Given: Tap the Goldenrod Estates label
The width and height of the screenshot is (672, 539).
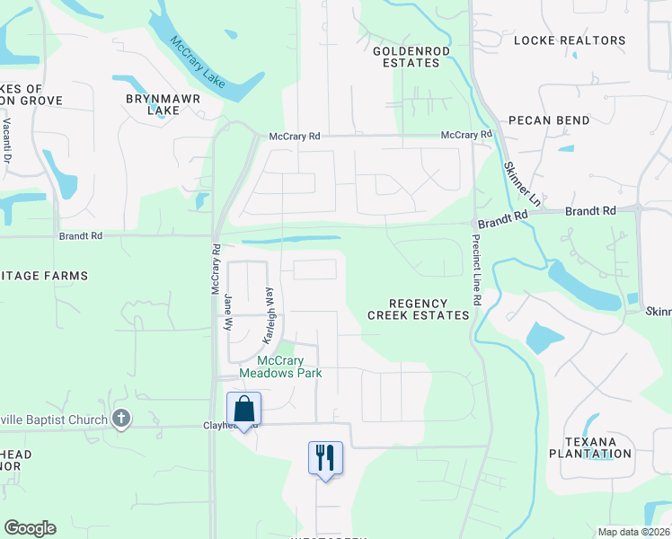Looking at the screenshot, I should pyautogui.click(x=411, y=57).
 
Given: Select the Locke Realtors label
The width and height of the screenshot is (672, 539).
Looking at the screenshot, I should pyautogui.click(x=570, y=40).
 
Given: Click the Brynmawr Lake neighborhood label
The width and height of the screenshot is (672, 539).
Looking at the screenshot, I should pyautogui.click(x=164, y=103).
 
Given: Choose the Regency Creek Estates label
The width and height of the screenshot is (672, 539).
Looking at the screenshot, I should pyautogui.click(x=419, y=310).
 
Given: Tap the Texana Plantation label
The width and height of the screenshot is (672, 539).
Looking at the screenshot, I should pyautogui.click(x=597, y=447).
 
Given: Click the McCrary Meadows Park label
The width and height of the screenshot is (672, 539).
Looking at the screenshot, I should pyautogui.click(x=280, y=367).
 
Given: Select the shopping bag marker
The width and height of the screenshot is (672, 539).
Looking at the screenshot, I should pyautogui.click(x=243, y=410).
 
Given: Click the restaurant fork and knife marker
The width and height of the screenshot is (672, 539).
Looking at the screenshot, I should pyautogui.click(x=325, y=458).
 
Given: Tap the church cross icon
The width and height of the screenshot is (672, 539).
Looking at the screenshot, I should pyautogui.click(x=122, y=419).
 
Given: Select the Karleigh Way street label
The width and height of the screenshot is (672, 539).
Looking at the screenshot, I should pyautogui.click(x=269, y=316).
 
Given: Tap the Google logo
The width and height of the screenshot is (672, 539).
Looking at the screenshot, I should pyautogui.click(x=30, y=528).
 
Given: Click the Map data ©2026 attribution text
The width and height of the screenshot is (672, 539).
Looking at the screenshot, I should pyautogui.click(x=633, y=533).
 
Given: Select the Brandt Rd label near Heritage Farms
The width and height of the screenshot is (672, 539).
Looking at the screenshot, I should pyautogui.click(x=81, y=235).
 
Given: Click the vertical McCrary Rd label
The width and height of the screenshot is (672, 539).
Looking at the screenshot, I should pyautogui.click(x=216, y=269).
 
